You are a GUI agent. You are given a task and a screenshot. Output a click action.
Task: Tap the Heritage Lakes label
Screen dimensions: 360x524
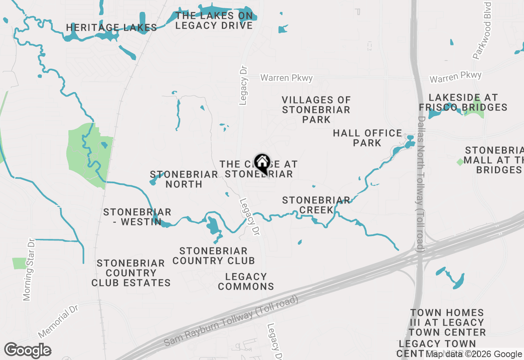click(x=112, y=28)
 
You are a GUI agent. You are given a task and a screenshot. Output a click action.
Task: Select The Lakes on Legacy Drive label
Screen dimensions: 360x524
click(x=214, y=21)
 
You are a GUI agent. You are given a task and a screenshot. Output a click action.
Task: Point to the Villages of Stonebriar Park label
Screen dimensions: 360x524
click(x=316, y=110)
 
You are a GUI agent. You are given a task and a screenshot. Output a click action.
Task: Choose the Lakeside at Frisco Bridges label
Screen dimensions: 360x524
click(x=463, y=103)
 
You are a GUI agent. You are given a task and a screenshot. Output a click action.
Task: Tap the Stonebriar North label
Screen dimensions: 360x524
click(x=184, y=179)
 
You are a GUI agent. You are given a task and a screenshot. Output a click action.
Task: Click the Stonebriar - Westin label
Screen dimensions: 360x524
click(x=137, y=217)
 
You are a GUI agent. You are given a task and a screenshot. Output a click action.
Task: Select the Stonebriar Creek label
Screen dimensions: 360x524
click(x=316, y=205)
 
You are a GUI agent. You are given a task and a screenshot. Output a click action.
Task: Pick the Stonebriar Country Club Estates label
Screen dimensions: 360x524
click(x=131, y=273)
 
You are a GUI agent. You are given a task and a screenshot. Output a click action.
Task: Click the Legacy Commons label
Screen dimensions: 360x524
click(x=246, y=281)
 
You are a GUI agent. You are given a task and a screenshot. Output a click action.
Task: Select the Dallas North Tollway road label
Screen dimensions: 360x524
click(x=421, y=184)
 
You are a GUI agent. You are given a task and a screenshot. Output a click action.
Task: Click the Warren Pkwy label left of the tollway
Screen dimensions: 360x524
click(x=287, y=78)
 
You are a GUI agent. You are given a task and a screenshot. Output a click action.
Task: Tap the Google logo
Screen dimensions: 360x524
click(x=27, y=350)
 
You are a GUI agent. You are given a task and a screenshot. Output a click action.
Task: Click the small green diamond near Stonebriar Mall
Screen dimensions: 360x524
click(x=460, y=162)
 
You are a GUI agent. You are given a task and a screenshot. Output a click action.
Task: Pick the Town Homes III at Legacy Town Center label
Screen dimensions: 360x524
click(x=447, y=322)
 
